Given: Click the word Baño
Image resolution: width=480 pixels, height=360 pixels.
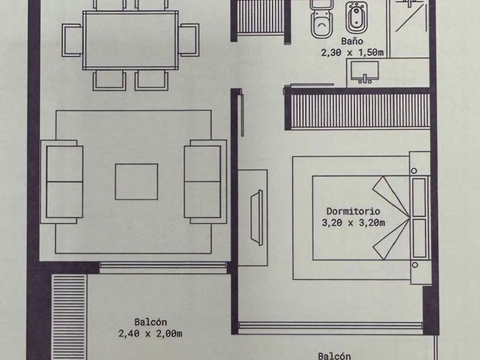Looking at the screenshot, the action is coord(351,41).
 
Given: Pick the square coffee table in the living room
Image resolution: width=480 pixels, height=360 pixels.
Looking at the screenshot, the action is coord(136,182).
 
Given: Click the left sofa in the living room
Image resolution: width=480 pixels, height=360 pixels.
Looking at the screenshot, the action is coord(63,181).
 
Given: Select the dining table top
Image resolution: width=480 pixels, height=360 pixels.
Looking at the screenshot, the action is coord(131,40).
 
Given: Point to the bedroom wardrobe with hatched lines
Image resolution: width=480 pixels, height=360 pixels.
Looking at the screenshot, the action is coord(361,110).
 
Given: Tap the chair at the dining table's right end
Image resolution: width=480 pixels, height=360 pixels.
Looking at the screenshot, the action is coord(187,40).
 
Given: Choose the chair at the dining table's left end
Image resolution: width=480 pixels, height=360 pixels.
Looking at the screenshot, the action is coord(73,40).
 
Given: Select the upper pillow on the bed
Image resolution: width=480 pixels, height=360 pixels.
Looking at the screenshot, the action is coord(419,196).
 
